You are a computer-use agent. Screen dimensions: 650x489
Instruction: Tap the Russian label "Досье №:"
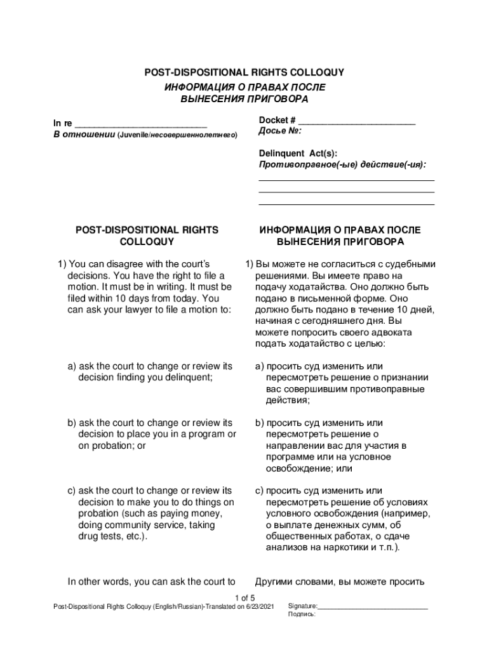pos(280,131)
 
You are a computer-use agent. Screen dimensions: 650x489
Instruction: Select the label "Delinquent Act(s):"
pos(298,153)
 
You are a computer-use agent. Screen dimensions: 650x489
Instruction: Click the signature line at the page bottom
pos(373,610)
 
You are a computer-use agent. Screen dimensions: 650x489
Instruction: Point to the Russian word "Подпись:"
pos(302,614)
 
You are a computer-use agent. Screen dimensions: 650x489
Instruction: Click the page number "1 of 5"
pos(245,598)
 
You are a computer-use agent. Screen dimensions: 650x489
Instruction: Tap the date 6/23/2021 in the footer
pos(261,607)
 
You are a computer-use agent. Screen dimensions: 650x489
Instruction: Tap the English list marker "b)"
pos(72,423)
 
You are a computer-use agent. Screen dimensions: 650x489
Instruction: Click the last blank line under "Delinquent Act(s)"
pos(346,204)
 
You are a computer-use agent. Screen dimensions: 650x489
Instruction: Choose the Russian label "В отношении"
pos(83,135)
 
